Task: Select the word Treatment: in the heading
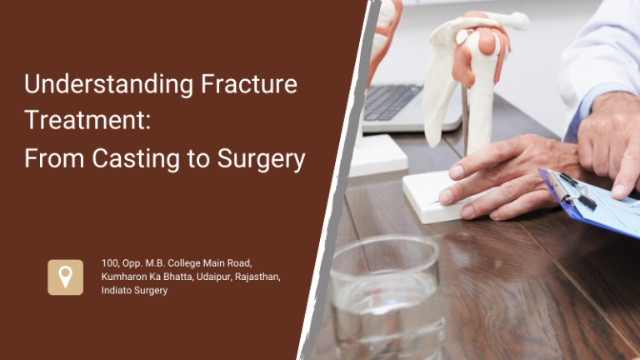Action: (87, 120)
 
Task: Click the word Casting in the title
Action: (133, 157)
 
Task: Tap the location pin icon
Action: (65, 277)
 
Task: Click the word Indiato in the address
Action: (118, 290)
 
